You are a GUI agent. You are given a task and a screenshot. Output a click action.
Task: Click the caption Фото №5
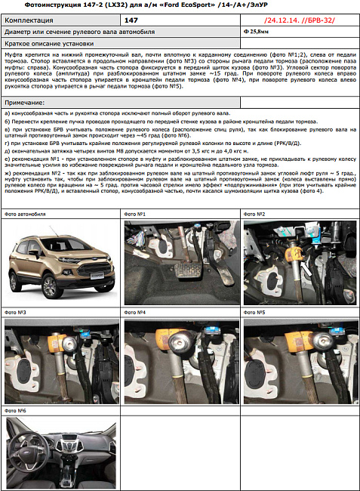tap(254, 312)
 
